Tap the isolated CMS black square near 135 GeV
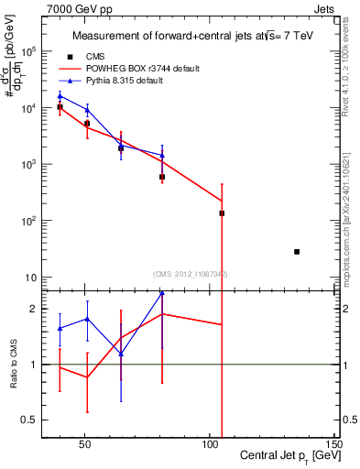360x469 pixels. (297, 251)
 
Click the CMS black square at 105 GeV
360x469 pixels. (222, 213)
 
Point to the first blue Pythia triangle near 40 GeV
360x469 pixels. (60, 96)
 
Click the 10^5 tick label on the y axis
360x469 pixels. (30, 51)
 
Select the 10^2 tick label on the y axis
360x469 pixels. (30, 221)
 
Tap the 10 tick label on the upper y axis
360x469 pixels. (32, 278)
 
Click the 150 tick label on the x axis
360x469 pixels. (334, 443)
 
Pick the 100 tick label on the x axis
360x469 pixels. (210, 443)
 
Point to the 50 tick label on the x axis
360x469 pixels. (85, 443)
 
